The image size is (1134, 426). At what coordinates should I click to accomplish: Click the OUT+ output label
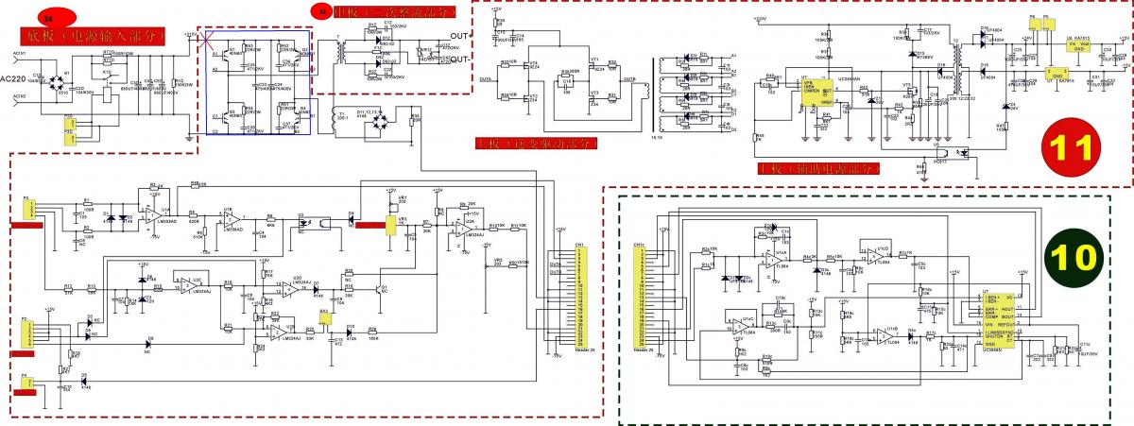(459, 35)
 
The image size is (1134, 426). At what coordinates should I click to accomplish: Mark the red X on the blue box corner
(206, 43)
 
